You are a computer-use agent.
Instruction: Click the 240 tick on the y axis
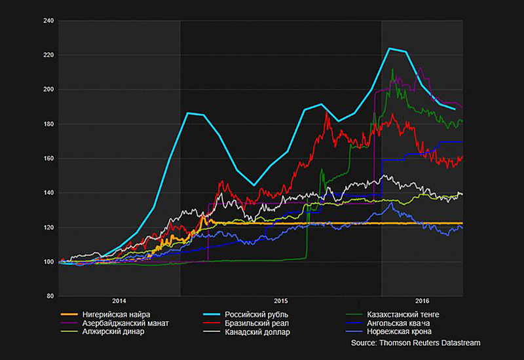[48, 20]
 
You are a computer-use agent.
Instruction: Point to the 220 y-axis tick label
[48, 55]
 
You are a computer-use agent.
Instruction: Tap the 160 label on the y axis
[48, 158]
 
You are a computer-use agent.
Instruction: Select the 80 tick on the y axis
[50, 297]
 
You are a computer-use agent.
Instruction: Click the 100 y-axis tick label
[48, 262]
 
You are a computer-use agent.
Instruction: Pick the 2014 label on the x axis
[119, 301]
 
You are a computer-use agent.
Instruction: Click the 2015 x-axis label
[281, 301]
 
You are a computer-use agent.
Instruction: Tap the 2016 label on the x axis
[422, 301]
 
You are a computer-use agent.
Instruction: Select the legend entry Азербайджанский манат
[126, 323]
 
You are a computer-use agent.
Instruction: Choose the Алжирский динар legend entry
[113, 331]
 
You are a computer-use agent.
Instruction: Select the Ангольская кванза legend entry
[398, 323]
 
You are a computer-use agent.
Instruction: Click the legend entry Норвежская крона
[398, 331]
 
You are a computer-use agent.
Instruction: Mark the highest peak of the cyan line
[390, 48]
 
